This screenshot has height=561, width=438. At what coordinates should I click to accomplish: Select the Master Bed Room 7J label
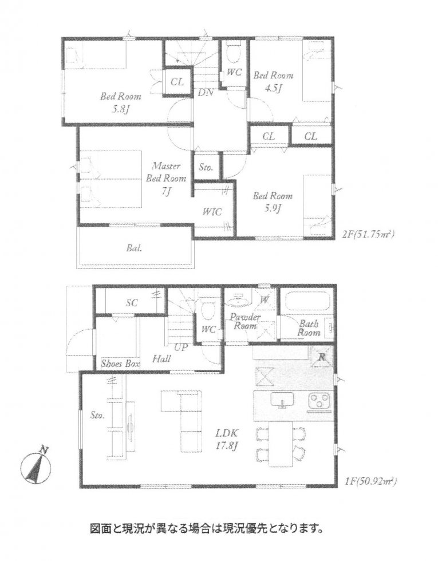tap(165, 179)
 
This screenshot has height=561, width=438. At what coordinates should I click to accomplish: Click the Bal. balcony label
tap(135, 249)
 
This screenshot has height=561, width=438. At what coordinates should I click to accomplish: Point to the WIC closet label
tap(212, 211)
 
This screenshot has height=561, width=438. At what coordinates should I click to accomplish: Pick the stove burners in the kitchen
tap(319, 402)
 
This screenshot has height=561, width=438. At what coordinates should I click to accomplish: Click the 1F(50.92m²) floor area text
tap(369, 482)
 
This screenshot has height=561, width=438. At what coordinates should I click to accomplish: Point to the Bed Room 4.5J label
tap(273, 81)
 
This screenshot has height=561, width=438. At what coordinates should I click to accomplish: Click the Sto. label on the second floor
tap(206, 168)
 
